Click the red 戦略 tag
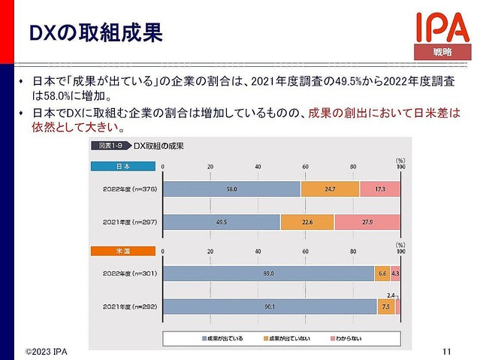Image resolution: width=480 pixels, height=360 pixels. tap(442, 52)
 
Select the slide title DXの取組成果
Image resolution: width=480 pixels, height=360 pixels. tap(95, 34)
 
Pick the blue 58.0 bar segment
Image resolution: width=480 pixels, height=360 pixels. tap(231, 189)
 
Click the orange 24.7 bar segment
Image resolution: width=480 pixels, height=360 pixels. tap(329, 189)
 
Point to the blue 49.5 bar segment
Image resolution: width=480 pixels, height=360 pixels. tap(222, 222)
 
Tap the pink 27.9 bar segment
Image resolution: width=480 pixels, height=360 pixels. tap(367, 222)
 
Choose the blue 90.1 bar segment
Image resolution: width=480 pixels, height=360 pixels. tap(270, 307)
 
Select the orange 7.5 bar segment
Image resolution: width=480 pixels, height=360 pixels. tap(385, 307)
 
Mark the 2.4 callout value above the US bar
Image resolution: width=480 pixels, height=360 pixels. tap(390, 294)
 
